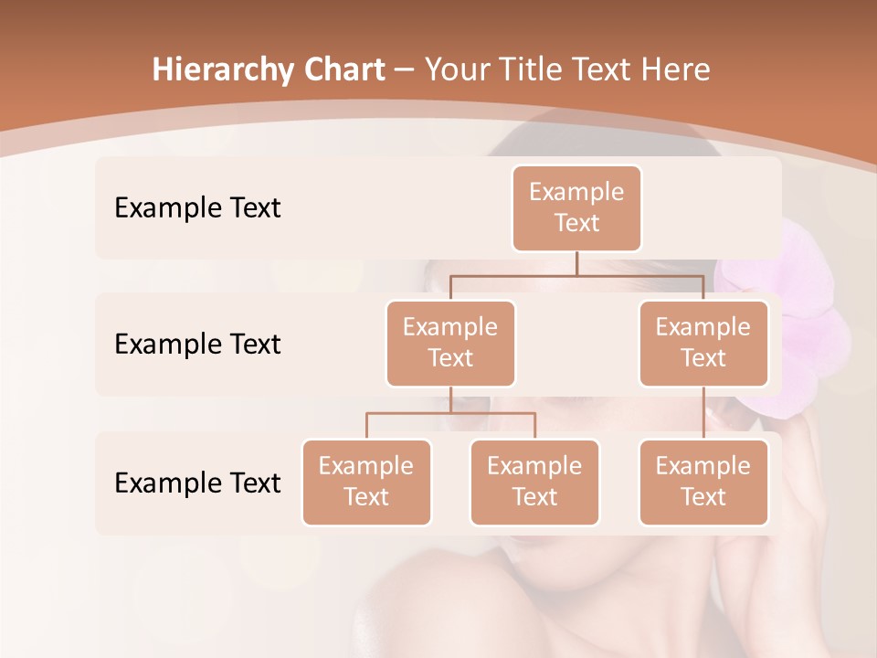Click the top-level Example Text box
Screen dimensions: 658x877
pos(576,208)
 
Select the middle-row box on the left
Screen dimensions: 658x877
pos(450,344)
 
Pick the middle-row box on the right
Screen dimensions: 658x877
pos(703,344)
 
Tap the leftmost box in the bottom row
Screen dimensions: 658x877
pos(366,483)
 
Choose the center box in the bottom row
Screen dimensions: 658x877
pos(534,483)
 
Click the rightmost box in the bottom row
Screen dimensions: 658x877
pos(703,483)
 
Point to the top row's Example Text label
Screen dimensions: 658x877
pos(197,208)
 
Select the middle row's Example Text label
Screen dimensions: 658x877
pos(197,345)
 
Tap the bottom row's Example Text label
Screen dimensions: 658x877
pos(197,483)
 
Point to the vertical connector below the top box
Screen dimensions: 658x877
pos(576,262)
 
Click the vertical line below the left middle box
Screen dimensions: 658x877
pos(450,400)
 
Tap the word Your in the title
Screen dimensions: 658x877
pos(457,69)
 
